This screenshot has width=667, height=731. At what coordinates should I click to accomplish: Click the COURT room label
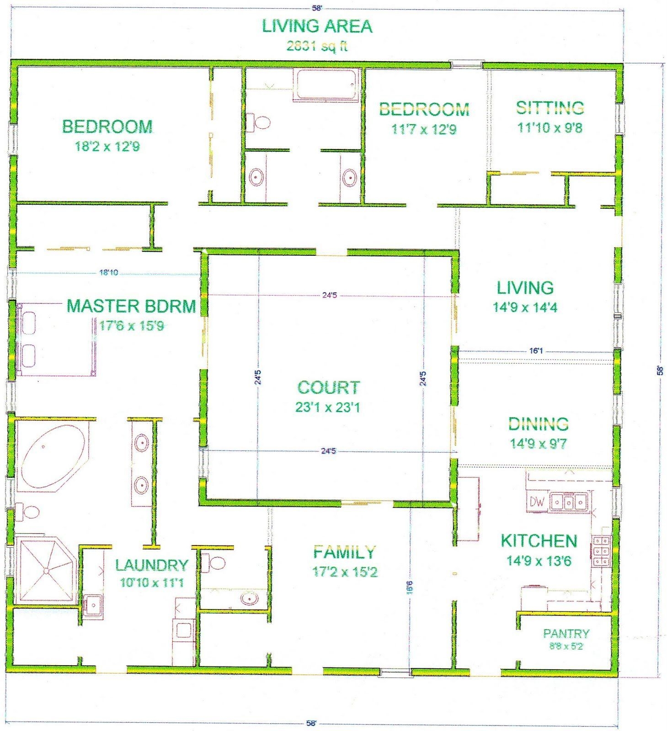pos(328,387)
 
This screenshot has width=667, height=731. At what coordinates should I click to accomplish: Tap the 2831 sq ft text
pos(317,46)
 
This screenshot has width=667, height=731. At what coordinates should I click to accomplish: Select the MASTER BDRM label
pos(131,306)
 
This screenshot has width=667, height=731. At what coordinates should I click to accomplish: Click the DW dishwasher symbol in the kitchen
pos(537,502)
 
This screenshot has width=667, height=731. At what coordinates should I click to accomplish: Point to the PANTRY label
pos(566,633)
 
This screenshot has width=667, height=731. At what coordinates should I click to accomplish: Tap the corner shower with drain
pos(45,570)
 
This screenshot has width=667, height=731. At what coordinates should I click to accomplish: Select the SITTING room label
pos(550,108)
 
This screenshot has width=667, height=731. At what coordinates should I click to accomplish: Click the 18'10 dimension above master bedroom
pos(108,273)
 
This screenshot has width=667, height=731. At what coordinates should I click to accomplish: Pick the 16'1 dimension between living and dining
pos(536,351)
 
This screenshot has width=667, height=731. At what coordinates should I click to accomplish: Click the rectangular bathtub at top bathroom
pos(325,85)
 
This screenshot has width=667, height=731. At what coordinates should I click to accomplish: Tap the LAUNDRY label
pos(151,565)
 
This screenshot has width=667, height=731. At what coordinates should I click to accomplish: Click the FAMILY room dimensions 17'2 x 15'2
pos(345,572)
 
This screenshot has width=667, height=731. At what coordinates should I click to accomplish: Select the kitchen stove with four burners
pos(601,551)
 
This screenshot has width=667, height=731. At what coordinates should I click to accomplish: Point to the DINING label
pos(539,424)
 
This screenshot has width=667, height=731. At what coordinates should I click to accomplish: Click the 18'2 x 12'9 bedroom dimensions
pos(107,146)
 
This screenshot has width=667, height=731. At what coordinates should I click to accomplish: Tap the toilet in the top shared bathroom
pos(259,122)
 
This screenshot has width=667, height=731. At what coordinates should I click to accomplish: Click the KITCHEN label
pos(539,541)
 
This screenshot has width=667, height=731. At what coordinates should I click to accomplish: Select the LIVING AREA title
pos(317,26)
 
